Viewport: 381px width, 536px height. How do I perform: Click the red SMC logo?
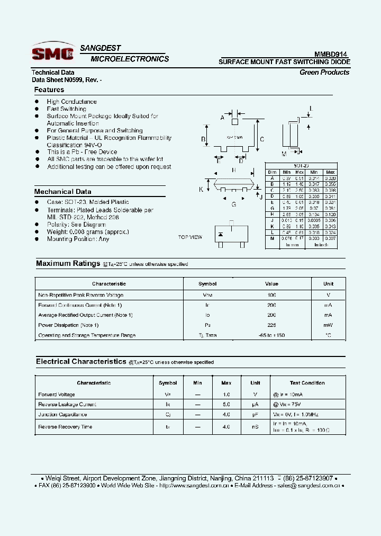click(x=52, y=53)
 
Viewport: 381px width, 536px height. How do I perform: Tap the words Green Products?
click(x=324, y=73)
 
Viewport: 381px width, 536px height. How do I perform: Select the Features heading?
click(x=49, y=90)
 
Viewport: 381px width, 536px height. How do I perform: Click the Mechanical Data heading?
click(x=62, y=192)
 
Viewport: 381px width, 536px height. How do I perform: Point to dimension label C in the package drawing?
click(x=262, y=140)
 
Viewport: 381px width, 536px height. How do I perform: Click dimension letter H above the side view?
click(x=233, y=170)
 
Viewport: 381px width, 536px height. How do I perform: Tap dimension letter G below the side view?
click(x=233, y=204)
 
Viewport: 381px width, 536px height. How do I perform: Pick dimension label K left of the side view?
click(x=202, y=189)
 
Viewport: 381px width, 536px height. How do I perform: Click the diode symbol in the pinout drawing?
click(x=221, y=234)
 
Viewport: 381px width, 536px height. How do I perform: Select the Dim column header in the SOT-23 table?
click(x=273, y=172)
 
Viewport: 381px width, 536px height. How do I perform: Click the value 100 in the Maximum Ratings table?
click(x=272, y=295)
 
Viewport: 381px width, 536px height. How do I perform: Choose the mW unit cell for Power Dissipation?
click(x=328, y=325)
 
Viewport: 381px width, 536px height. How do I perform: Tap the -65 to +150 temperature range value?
click(x=272, y=335)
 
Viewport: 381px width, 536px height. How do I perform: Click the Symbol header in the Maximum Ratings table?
click(x=207, y=284)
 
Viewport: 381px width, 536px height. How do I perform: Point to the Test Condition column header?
click(x=307, y=383)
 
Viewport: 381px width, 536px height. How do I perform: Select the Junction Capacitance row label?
click(x=62, y=414)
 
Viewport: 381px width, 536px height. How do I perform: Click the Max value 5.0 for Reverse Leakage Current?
click(x=226, y=404)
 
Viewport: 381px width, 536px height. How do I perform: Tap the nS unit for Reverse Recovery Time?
click(x=255, y=426)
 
